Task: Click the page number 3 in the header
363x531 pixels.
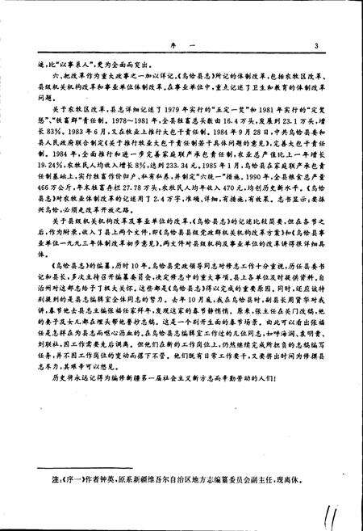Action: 318,44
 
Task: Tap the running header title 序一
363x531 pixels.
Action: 177,44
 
